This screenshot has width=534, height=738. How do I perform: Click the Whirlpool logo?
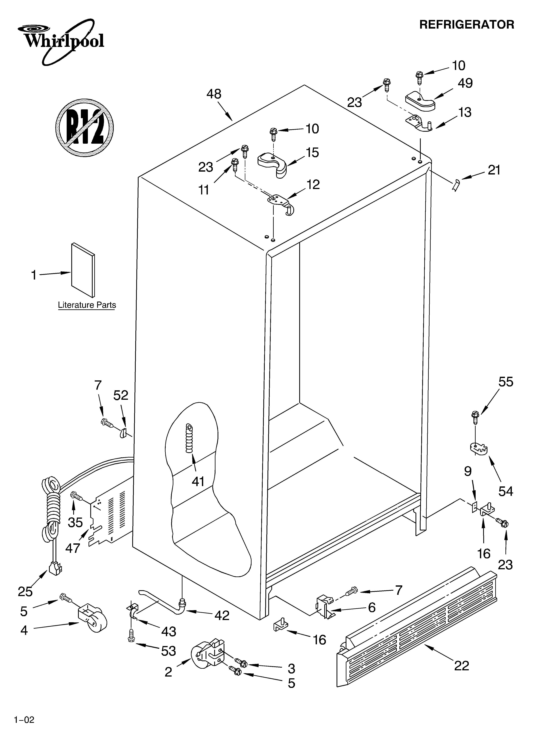(x=62, y=41)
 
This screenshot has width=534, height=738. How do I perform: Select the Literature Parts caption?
(x=87, y=305)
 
